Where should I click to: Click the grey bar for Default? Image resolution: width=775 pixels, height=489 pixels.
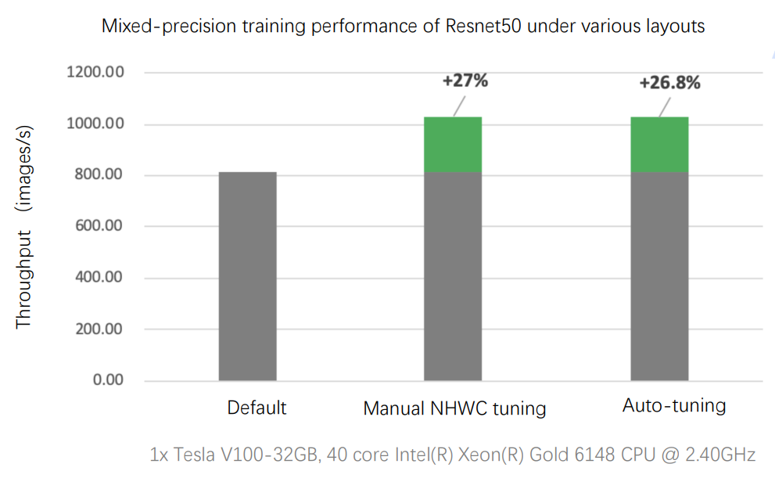click(247, 276)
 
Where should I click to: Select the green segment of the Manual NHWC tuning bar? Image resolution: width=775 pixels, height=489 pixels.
click(453, 145)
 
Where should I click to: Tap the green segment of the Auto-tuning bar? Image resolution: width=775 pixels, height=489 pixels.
click(659, 145)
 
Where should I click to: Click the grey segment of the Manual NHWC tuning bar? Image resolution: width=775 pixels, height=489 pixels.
click(453, 276)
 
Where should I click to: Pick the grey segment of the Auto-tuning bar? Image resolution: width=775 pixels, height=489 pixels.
click(659, 276)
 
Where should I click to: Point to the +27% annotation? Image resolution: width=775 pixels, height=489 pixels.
click(465, 81)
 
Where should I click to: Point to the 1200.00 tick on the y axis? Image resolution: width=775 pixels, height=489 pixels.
click(95, 73)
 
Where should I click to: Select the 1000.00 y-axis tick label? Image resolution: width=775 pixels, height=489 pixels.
click(95, 124)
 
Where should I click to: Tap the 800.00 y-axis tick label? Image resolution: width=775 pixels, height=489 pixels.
click(99, 175)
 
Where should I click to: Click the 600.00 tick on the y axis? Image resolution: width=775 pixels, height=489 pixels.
click(99, 227)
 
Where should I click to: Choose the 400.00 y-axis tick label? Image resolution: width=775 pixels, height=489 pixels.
click(99, 278)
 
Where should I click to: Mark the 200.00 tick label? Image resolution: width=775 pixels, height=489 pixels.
click(99, 329)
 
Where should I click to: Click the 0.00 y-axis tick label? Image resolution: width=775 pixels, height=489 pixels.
click(109, 380)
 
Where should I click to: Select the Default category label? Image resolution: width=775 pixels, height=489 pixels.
click(257, 408)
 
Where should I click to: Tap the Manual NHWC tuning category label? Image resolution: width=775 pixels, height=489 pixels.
click(454, 408)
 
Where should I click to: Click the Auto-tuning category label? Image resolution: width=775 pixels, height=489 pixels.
click(674, 406)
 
